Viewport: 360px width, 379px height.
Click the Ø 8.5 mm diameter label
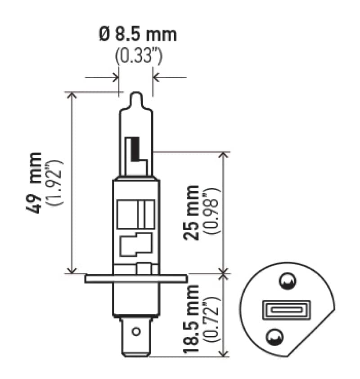coord(138,35)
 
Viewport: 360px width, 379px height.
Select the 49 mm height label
coord(37,183)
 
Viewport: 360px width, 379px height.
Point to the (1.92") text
coord(58,183)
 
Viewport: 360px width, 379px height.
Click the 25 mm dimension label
coord(193,212)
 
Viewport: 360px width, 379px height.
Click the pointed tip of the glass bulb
coord(136,96)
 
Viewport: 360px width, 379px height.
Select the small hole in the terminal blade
coord(135,333)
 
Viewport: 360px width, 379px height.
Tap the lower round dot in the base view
coord(274,336)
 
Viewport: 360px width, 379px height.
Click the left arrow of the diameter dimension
coord(115,77)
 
